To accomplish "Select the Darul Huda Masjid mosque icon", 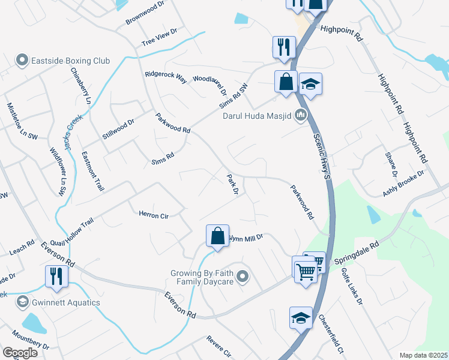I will pyautogui.click(x=301, y=116).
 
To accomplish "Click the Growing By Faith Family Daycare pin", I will pyautogui.click(x=243, y=277).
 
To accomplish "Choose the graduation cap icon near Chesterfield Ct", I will pyautogui.click(x=301, y=317).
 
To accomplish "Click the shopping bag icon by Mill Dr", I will pyautogui.click(x=217, y=236).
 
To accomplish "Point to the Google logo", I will pyautogui.click(x=20, y=352).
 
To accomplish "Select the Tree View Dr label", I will pyautogui.click(x=160, y=37).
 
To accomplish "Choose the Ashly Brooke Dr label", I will pyautogui.click(x=403, y=184).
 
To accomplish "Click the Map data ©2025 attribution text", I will pyautogui.click(x=423, y=355).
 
